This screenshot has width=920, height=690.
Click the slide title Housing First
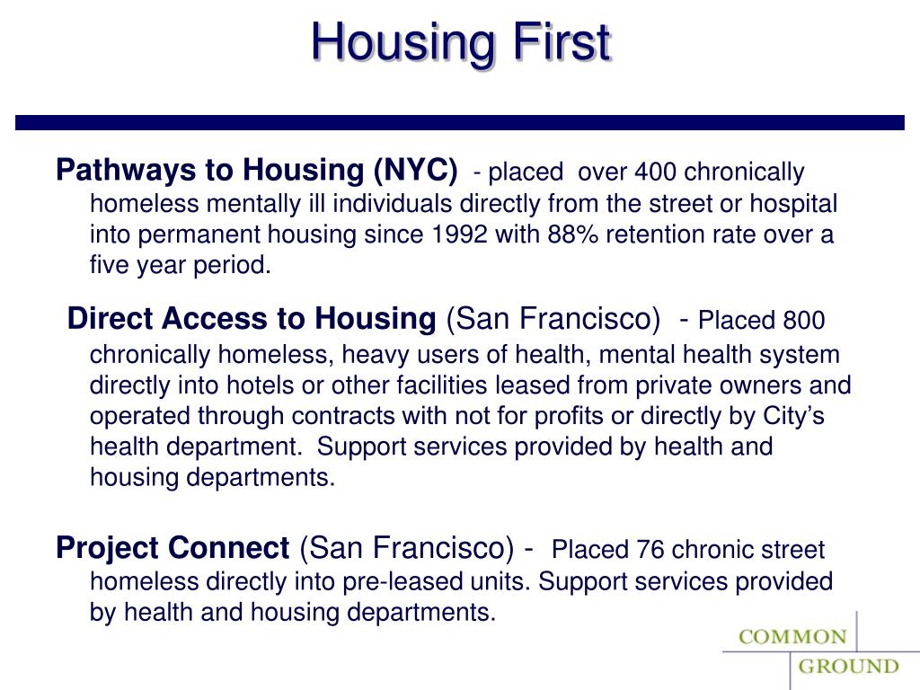pyautogui.click(x=461, y=42)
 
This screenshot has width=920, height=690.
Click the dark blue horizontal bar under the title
pyautogui.click(x=459, y=122)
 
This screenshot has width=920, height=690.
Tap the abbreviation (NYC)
pyautogui.click(x=415, y=170)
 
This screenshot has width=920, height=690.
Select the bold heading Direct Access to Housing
pyautogui.click(x=251, y=319)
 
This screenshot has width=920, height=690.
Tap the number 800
pyautogui.click(x=803, y=321)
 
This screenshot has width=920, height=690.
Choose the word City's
pyautogui.click(x=792, y=417)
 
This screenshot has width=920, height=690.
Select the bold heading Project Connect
pyautogui.click(x=172, y=547)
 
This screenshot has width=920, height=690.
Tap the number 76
pyautogui.click(x=651, y=550)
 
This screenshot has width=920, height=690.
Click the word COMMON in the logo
pyautogui.click(x=792, y=637)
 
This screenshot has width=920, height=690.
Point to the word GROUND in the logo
pyautogui.click(x=849, y=667)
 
